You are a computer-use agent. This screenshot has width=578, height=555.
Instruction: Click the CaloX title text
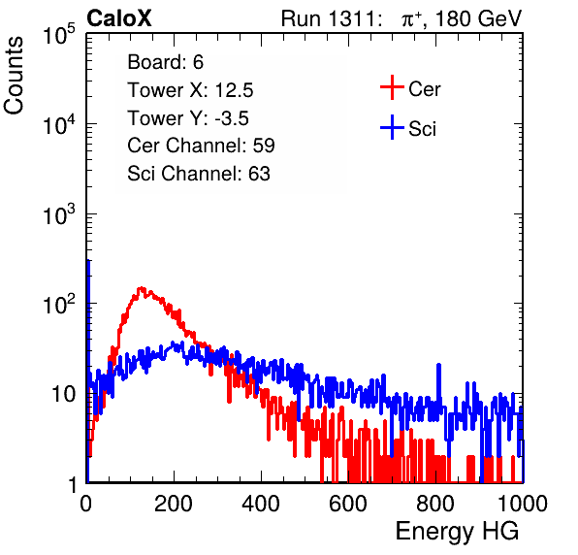tap(119, 18)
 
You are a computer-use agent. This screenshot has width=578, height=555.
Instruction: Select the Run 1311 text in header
tap(329, 18)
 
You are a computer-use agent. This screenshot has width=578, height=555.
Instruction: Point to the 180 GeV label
tap(479, 18)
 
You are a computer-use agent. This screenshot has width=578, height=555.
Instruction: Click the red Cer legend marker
tap(392, 87)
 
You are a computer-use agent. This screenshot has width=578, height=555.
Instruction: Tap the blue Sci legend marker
tap(392, 127)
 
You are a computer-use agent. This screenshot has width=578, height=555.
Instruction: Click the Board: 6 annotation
tap(166, 61)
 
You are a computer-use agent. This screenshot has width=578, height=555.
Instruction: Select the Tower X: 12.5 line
tap(190, 89)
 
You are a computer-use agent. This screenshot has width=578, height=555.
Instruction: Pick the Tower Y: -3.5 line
tap(188, 117)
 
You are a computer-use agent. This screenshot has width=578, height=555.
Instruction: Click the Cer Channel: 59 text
tap(201, 146)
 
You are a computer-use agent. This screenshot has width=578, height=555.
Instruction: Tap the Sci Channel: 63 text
tap(199, 174)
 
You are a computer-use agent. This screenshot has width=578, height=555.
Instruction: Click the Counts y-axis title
tap(14, 76)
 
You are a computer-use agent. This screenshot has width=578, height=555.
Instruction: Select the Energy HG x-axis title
tap(457, 532)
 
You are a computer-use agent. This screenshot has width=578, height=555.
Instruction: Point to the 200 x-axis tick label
tap(174, 504)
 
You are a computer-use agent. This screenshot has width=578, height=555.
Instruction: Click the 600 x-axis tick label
tap(348, 504)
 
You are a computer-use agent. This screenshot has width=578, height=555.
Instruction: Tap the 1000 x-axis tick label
tap(523, 504)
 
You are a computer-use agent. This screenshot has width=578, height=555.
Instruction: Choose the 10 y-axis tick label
tap(64, 395)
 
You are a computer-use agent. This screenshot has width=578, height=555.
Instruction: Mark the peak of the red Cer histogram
tap(142, 288)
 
